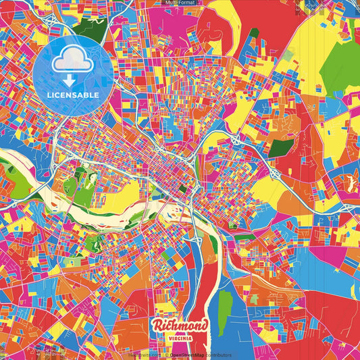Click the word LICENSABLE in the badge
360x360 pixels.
point(73,95)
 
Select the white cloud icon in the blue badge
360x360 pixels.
point(72,61)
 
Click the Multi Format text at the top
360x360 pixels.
point(180,3)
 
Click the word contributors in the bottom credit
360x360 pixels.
point(218,355)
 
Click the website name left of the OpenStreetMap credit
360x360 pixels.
point(145,355)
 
